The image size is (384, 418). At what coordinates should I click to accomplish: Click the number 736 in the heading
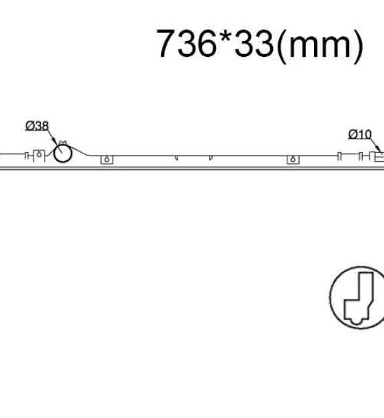187,43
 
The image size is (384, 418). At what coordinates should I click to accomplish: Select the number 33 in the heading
254,43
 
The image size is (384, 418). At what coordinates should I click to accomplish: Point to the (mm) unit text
320,45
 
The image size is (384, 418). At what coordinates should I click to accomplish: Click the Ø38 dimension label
37,126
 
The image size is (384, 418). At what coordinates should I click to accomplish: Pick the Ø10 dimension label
360,134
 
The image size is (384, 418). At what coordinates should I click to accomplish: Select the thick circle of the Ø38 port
62,162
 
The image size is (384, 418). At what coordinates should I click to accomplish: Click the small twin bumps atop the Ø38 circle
62,143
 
